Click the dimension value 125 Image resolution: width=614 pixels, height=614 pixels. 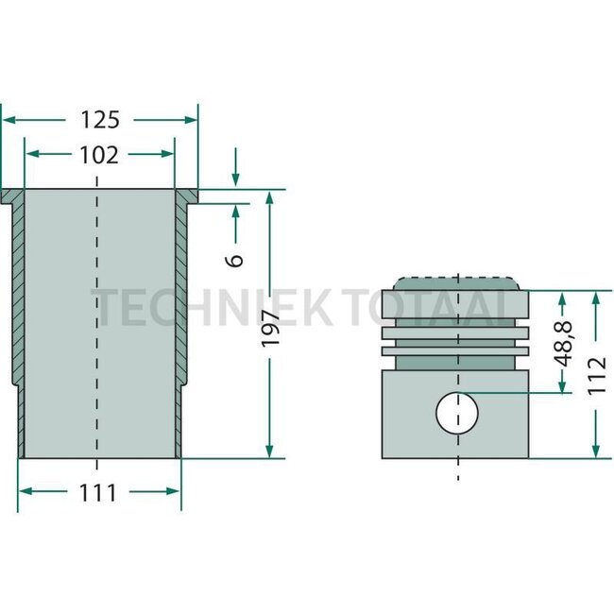click(x=99, y=120)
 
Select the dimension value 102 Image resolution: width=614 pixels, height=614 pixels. click(x=99, y=155)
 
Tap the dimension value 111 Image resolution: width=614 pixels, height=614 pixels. click(x=99, y=492)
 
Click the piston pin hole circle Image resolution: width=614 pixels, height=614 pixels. click(x=457, y=412)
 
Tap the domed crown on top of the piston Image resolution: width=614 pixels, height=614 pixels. click(x=457, y=283)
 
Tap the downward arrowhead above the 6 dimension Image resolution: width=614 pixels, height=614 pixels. click(x=236, y=181)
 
